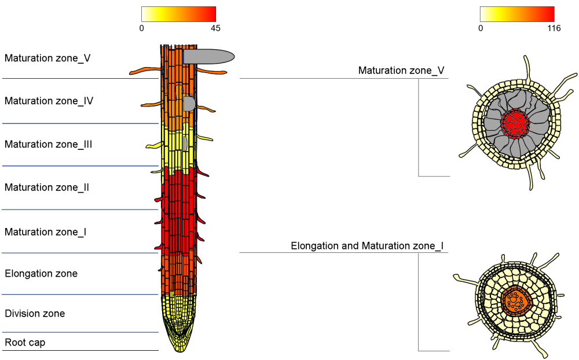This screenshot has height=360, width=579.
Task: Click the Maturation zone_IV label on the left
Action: pyautogui.click(x=49, y=101)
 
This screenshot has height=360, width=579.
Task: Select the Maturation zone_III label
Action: pyautogui.click(x=49, y=144)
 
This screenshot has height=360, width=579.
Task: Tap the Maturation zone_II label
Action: pyautogui.click(x=47, y=188)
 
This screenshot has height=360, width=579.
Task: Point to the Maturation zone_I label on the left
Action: pyautogui.click(x=46, y=232)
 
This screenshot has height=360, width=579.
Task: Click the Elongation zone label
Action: pyautogui.click(x=41, y=273)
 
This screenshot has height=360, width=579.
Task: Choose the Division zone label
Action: pyautogui.click(x=35, y=314)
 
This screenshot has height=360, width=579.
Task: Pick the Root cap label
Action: pyautogui.click(x=25, y=343)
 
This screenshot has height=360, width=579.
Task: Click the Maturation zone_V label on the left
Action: pyautogui.click(x=47, y=58)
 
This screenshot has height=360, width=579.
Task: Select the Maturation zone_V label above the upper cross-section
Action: pyautogui.click(x=401, y=71)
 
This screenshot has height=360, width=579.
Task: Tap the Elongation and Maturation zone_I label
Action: pyautogui.click(x=367, y=246)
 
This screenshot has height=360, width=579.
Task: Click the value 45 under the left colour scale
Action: pyautogui.click(x=215, y=28)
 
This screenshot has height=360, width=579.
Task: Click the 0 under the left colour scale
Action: pyautogui.click(x=142, y=28)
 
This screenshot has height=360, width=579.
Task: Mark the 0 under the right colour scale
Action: pyautogui.click(x=481, y=28)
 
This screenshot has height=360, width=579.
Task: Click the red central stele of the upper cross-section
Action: pyautogui.click(x=515, y=123)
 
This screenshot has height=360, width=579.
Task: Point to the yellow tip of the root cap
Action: pyautogui.click(x=180, y=346)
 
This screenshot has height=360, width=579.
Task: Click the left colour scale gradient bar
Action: pyautogui.click(x=178, y=14)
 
